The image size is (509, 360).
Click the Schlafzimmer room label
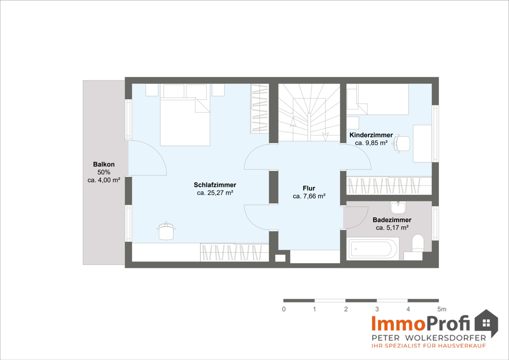215,185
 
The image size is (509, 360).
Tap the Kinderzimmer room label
371,135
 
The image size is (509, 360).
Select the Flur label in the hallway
309,188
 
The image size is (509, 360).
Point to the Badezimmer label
392,220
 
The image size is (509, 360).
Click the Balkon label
104,164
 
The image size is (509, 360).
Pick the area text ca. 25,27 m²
215,193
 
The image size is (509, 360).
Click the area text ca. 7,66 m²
309,196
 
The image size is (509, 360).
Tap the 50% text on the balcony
104,172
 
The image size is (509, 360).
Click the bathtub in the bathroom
373,248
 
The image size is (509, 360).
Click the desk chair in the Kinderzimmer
402,144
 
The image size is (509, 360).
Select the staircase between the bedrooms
309,113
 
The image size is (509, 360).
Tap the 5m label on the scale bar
442,309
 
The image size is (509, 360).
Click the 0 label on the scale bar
284,309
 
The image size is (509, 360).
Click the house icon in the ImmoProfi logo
486,323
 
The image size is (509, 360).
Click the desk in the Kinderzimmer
422,143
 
